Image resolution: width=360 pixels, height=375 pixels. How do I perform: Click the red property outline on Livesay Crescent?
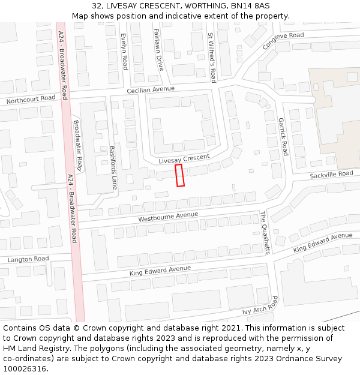(179, 175)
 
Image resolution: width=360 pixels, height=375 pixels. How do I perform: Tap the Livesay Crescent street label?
(184, 160)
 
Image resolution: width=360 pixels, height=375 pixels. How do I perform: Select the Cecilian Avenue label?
(151, 89)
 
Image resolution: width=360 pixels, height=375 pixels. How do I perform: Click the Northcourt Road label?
(31, 99)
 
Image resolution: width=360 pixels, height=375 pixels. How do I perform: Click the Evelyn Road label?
(124, 51)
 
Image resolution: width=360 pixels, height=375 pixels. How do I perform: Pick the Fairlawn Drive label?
(158, 50)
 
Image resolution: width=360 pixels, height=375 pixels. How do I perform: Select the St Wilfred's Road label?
(211, 58)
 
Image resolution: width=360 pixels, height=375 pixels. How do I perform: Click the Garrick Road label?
(283, 137)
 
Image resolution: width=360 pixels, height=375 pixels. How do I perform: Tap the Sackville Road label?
(332, 175)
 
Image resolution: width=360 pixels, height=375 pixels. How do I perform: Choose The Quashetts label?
(265, 232)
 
